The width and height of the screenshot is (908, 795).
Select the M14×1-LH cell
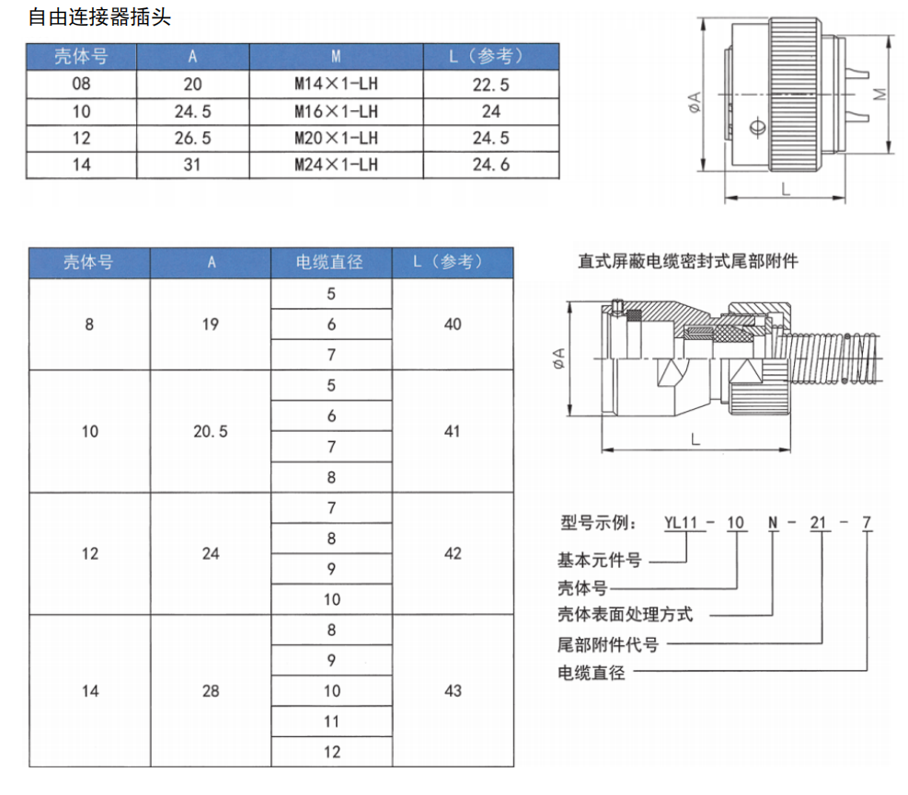(336, 85)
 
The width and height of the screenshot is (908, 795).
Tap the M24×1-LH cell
(336, 165)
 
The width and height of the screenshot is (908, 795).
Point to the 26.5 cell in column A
(192, 139)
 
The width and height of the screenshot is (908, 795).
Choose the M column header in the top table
(336, 57)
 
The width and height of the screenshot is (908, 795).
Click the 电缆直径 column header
(330, 262)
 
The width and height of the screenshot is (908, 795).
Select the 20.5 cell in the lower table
(211, 431)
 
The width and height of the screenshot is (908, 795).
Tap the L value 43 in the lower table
(452, 690)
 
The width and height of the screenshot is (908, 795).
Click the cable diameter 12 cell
(331, 752)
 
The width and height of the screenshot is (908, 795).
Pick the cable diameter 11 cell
(331, 721)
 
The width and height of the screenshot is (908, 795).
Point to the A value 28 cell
(211, 690)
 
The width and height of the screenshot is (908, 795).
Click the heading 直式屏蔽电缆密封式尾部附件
(688, 261)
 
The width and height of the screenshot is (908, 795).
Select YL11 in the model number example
(684, 523)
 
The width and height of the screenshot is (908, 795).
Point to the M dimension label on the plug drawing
(879, 95)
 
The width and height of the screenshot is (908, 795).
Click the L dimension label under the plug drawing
(785, 188)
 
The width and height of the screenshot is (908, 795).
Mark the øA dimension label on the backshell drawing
(559, 361)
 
